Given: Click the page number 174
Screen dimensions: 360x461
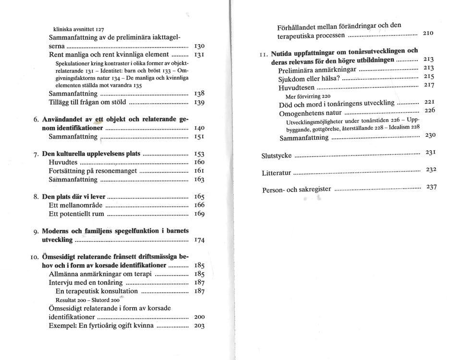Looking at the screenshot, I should [199, 240].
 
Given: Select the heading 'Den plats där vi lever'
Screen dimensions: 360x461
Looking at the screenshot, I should [73, 196].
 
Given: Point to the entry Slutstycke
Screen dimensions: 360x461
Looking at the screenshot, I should [276, 156].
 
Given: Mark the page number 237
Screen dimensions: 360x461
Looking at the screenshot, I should [431, 187].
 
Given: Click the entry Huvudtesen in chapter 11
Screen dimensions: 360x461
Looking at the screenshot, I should [296, 87].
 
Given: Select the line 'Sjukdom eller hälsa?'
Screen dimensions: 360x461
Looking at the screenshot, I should [309, 79].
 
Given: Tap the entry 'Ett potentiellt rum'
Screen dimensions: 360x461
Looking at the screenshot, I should [76, 214].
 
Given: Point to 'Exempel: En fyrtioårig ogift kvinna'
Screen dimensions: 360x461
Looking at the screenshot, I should [101, 325].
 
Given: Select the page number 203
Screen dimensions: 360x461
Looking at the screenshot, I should [199, 326].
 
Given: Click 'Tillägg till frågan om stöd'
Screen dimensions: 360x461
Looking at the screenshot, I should [87, 102].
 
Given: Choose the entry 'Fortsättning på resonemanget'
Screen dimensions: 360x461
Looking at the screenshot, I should [93, 171].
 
